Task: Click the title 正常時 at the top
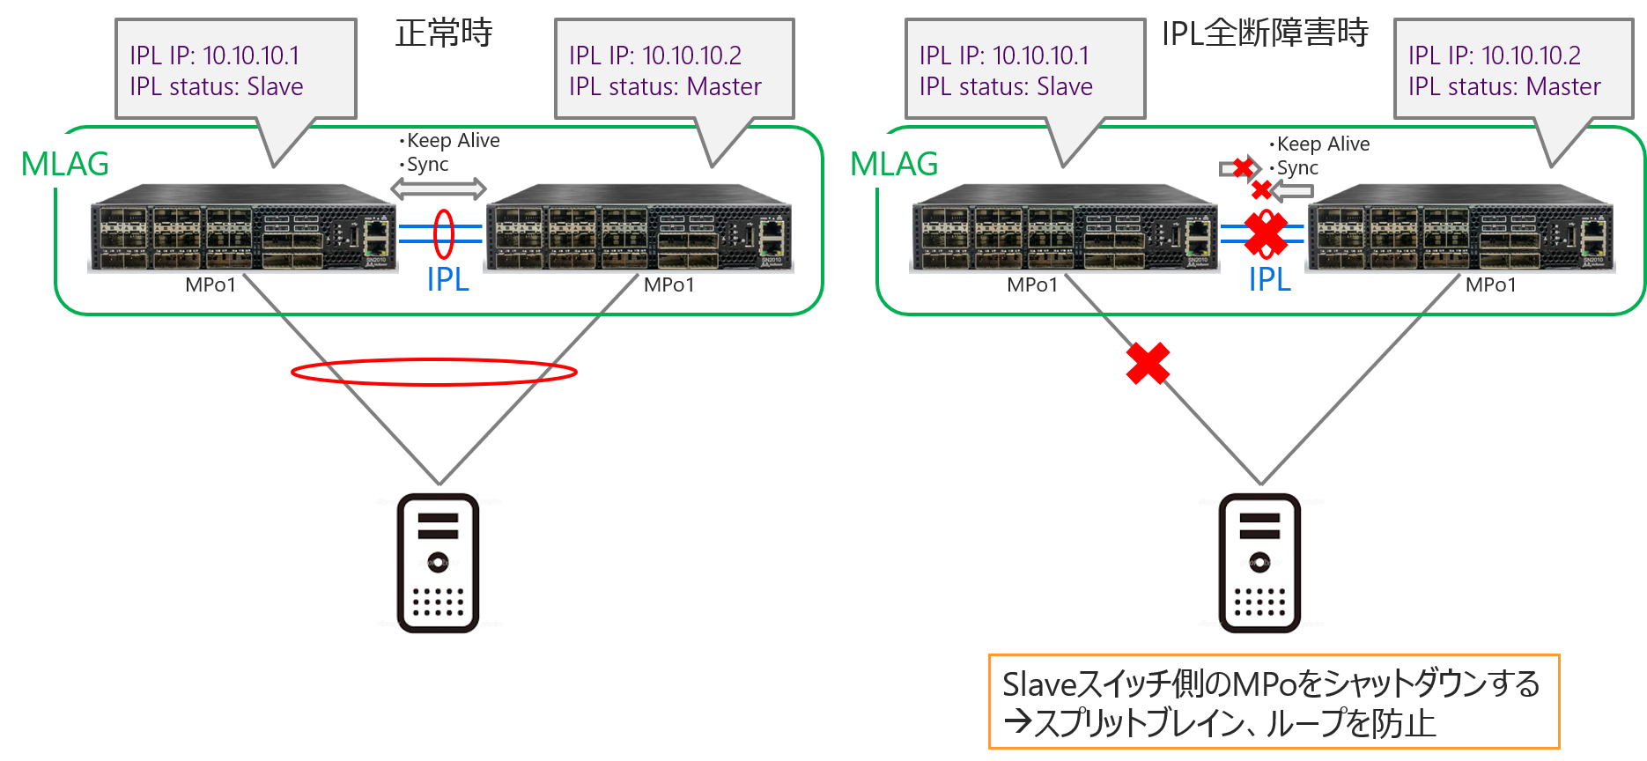tap(443, 33)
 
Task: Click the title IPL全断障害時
tap(1265, 33)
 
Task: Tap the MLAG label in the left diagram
tap(65, 164)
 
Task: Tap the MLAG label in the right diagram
tap(894, 164)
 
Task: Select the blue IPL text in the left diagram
tap(447, 279)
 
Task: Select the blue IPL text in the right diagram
tap(1269, 279)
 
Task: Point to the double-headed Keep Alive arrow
tap(438, 188)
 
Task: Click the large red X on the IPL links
tap(1266, 233)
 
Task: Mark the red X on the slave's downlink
tap(1148, 364)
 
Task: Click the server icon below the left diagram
tap(439, 564)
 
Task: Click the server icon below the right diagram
tap(1260, 564)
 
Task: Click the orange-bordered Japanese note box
tap(1273, 702)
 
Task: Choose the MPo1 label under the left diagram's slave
tap(210, 284)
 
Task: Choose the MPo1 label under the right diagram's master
tap(1490, 284)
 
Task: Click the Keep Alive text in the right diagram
tap(1323, 144)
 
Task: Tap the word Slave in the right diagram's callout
tap(1065, 86)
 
